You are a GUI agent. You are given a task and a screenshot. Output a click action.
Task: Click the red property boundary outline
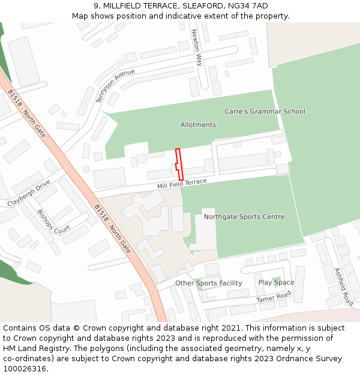(x=179, y=164)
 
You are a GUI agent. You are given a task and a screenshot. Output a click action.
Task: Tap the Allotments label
(x=198, y=125)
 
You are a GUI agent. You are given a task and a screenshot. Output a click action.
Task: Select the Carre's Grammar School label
(x=265, y=111)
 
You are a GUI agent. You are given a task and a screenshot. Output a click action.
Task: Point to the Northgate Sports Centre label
(x=244, y=217)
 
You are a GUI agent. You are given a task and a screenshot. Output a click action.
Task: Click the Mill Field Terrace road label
(x=182, y=184)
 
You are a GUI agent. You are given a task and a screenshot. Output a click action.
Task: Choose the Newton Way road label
(x=197, y=48)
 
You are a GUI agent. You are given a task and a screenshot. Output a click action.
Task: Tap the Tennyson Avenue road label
(x=116, y=85)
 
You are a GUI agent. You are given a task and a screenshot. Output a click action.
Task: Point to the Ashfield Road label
(x=343, y=286)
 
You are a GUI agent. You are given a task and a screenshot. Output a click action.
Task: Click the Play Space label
(x=276, y=283)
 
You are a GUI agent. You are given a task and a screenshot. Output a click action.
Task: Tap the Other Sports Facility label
(x=208, y=283)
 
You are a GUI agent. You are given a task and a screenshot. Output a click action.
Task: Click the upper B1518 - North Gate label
(x=26, y=113)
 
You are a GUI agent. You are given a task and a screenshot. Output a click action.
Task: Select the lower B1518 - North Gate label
(x=112, y=228)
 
